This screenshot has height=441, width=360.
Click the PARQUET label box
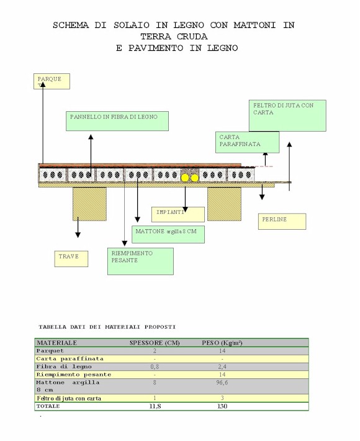(52, 81)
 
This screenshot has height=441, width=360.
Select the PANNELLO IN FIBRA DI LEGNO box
(117, 121)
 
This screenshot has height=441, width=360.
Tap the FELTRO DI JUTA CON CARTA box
(287, 116)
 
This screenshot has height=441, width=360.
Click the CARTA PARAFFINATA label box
(247, 142)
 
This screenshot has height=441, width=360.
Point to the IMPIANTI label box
(178, 214)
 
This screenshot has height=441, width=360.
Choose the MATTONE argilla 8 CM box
(168, 234)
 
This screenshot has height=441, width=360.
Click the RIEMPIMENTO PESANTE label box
(140, 261)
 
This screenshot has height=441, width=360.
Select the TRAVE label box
(71, 259)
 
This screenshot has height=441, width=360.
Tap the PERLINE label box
(282, 221)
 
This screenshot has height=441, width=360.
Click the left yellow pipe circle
(185, 178)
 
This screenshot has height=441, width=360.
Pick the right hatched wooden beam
(224, 204)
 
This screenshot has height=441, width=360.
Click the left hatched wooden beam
(89, 204)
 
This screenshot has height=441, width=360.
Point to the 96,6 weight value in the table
(222, 383)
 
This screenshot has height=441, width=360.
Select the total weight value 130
(222, 406)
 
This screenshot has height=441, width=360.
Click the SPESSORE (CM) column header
(155, 343)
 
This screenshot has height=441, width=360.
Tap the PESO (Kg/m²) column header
(222, 343)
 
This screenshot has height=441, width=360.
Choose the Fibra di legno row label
(64, 366)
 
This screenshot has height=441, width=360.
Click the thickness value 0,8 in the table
(155, 366)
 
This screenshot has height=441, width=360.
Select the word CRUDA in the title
(192, 37)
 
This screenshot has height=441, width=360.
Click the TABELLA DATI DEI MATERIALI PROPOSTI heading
(107, 327)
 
